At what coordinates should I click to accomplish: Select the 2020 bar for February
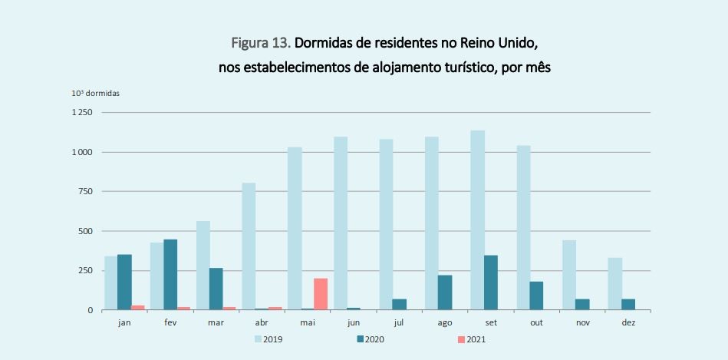click(170, 275)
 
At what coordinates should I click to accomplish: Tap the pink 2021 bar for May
click(321, 294)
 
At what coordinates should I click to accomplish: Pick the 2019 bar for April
click(249, 246)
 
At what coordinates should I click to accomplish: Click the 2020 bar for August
click(445, 292)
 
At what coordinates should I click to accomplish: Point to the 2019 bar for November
click(568, 275)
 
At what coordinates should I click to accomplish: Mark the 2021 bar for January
click(138, 307)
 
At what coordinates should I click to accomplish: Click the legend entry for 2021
click(471, 339)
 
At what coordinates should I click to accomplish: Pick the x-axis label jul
click(399, 322)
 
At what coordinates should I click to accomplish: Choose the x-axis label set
click(491, 322)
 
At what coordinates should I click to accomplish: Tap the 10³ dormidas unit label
click(96, 93)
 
